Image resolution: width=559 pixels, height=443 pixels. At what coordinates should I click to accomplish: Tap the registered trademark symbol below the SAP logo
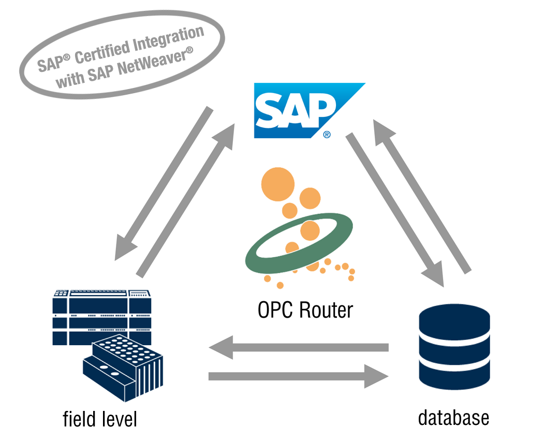coord(327,135)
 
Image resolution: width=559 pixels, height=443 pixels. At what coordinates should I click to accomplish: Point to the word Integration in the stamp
coord(170,38)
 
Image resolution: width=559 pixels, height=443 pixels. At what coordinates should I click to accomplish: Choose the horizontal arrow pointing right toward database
coord(298,376)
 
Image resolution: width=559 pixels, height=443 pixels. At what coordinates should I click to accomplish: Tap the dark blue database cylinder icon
coord(454,347)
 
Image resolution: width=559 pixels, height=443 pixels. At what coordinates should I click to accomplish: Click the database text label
coord(453,417)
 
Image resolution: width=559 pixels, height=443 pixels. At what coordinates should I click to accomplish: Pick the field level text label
coord(100,419)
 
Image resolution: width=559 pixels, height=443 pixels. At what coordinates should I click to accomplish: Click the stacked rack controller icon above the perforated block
coord(101,311)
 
